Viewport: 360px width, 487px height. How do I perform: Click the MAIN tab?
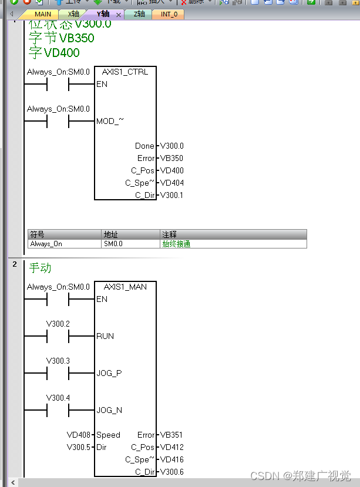[x=42, y=14]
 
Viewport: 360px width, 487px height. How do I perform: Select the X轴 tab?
[x=73, y=14]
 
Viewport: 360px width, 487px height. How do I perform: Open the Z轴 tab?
[x=139, y=14]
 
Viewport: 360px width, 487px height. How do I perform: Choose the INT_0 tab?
[x=169, y=14]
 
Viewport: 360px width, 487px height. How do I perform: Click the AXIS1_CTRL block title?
[x=125, y=72]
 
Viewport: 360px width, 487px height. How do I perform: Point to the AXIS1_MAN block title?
[x=125, y=287]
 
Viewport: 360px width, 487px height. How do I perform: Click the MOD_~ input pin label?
[x=110, y=122]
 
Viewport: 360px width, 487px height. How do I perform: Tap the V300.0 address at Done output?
[x=171, y=146]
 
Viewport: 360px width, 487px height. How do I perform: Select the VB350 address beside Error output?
[x=171, y=158]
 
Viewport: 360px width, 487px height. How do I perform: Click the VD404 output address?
[x=171, y=183]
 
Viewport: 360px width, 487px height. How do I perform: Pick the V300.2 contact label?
[x=58, y=324]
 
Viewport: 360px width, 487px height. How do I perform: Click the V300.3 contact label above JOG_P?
[x=58, y=361]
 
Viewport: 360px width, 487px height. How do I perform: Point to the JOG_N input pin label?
[x=109, y=410]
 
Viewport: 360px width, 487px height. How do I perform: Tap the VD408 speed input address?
[x=79, y=435]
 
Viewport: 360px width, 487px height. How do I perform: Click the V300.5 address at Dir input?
[x=79, y=447]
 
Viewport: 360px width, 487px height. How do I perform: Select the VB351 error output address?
[x=171, y=435]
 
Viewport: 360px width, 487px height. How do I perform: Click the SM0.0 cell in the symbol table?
[x=113, y=244]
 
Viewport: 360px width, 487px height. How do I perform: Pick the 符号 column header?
[x=38, y=234]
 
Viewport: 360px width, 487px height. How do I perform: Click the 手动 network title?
[x=40, y=268]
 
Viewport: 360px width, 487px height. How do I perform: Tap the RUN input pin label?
[x=105, y=336]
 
